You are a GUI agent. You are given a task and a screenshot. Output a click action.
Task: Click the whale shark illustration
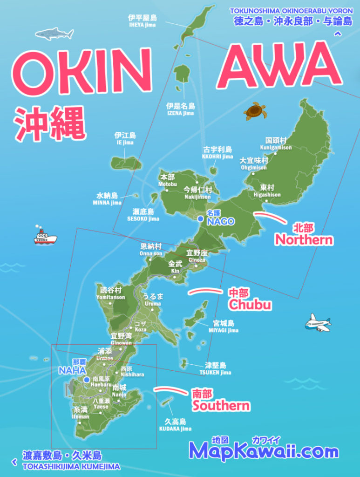pyautogui.click(x=54, y=34)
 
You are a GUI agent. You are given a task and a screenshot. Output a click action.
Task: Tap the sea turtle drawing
pyautogui.click(x=255, y=111)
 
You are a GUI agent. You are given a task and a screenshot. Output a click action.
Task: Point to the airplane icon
pyautogui.click(x=318, y=322)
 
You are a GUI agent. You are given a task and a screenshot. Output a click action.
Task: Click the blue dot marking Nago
pyautogui.click(x=200, y=218)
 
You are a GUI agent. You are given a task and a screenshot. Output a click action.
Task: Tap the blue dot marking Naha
pyautogui.click(x=87, y=380)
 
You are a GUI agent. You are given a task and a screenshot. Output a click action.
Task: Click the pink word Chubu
pyautogui.click(x=249, y=305)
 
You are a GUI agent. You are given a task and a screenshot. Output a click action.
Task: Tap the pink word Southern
pyautogui.click(x=221, y=405)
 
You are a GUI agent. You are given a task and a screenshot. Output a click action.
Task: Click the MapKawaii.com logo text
pyautogui.click(x=264, y=451)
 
